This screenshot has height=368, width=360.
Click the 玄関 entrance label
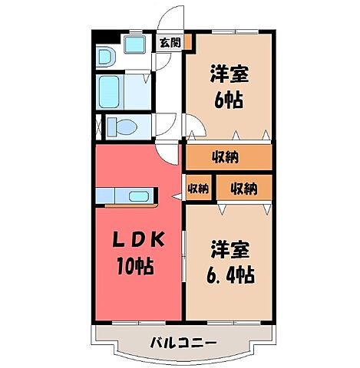170,43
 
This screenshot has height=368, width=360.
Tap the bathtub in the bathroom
114,90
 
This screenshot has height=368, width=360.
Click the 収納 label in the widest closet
228,156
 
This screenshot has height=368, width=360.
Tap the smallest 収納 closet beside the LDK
198,188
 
